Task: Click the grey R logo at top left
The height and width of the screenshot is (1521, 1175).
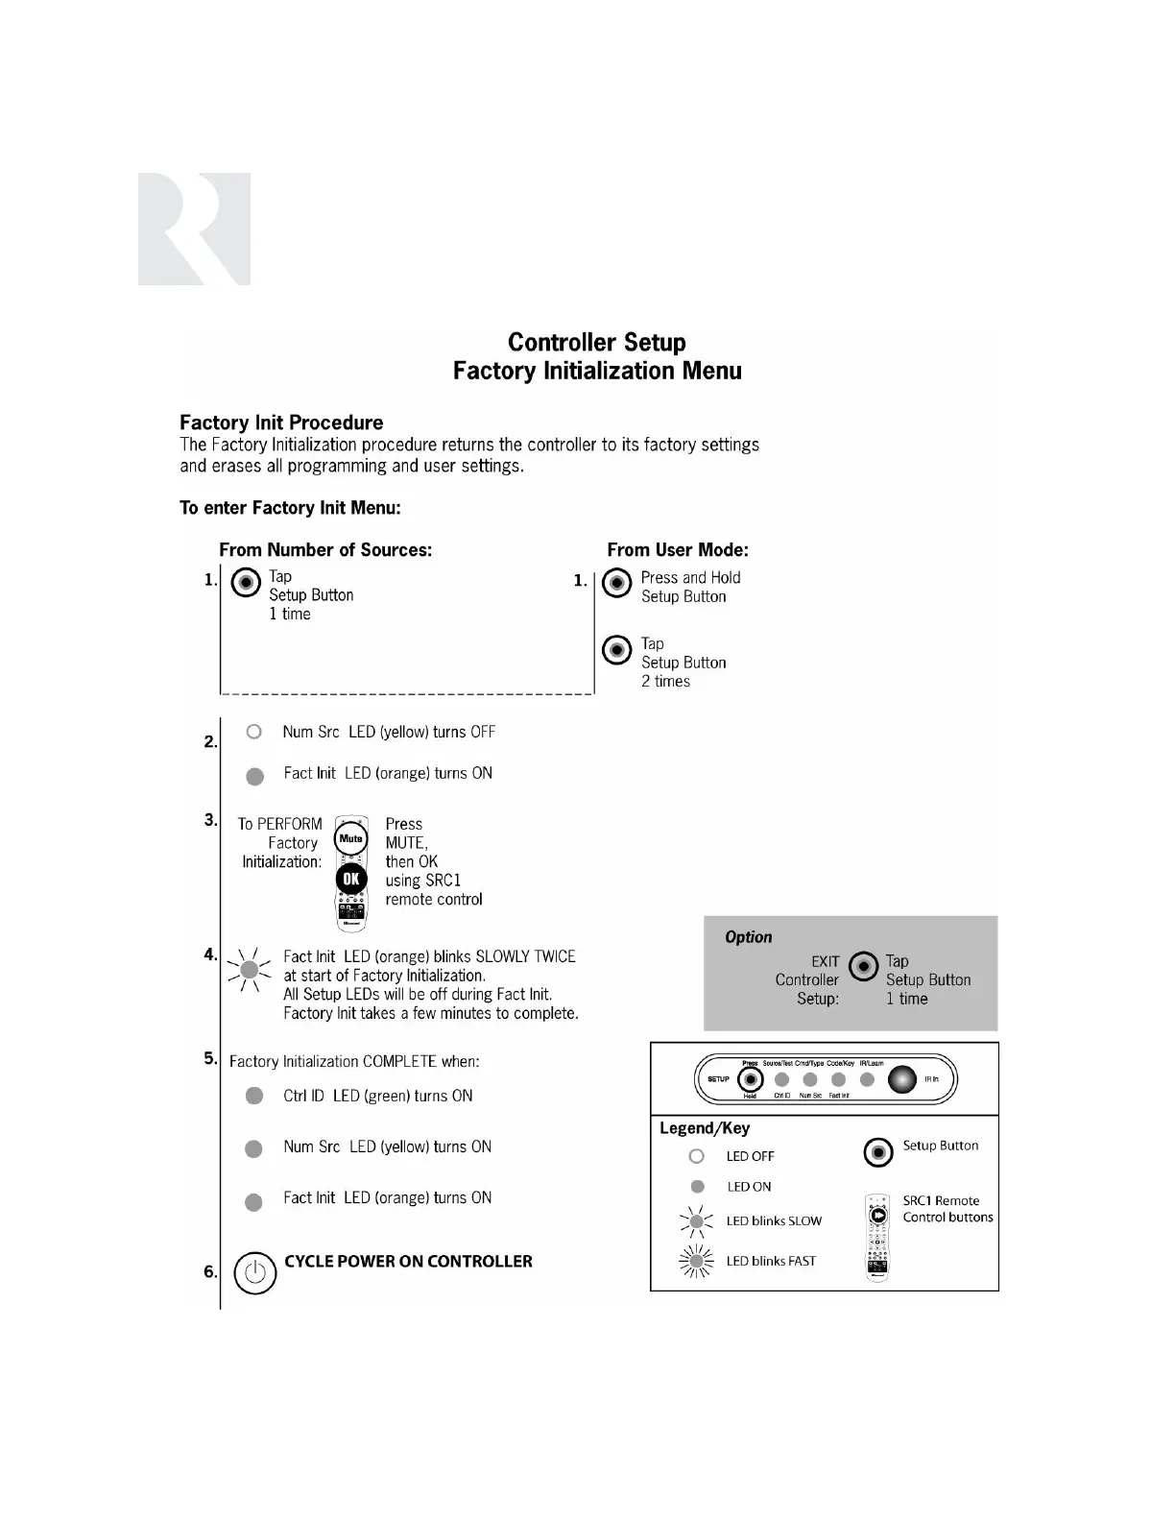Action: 194,229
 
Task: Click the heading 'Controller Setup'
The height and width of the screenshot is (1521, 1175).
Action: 596,343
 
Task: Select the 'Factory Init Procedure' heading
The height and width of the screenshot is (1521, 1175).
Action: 281,422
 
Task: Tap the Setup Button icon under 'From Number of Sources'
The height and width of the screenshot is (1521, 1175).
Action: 247,582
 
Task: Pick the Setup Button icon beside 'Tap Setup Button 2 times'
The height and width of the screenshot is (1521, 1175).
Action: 616,650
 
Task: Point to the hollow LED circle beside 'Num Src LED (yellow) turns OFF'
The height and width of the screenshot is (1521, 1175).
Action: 253,732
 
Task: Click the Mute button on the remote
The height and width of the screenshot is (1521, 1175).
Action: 351,838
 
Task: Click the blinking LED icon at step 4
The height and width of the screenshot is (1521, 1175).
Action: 250,970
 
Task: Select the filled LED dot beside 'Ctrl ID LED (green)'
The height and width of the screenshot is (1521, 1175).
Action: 254,1096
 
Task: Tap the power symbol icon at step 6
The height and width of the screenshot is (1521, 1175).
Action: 254,1273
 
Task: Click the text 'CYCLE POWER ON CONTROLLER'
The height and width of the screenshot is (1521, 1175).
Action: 408,1262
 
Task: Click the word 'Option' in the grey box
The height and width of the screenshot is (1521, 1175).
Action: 748,937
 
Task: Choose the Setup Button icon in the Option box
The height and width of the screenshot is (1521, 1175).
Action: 864,966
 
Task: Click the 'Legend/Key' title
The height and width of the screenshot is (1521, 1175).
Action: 705,1128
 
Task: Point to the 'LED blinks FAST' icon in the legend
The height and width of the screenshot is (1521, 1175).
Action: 697,1261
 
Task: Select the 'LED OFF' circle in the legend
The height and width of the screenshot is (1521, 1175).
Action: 697,1156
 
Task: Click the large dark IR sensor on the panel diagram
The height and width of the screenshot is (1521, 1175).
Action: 902,1079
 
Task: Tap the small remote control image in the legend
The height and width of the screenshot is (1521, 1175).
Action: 877,1238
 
